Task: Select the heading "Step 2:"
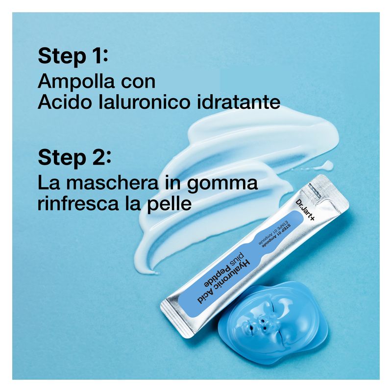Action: click(74, 158)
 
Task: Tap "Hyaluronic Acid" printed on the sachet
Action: click(224, 281)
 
